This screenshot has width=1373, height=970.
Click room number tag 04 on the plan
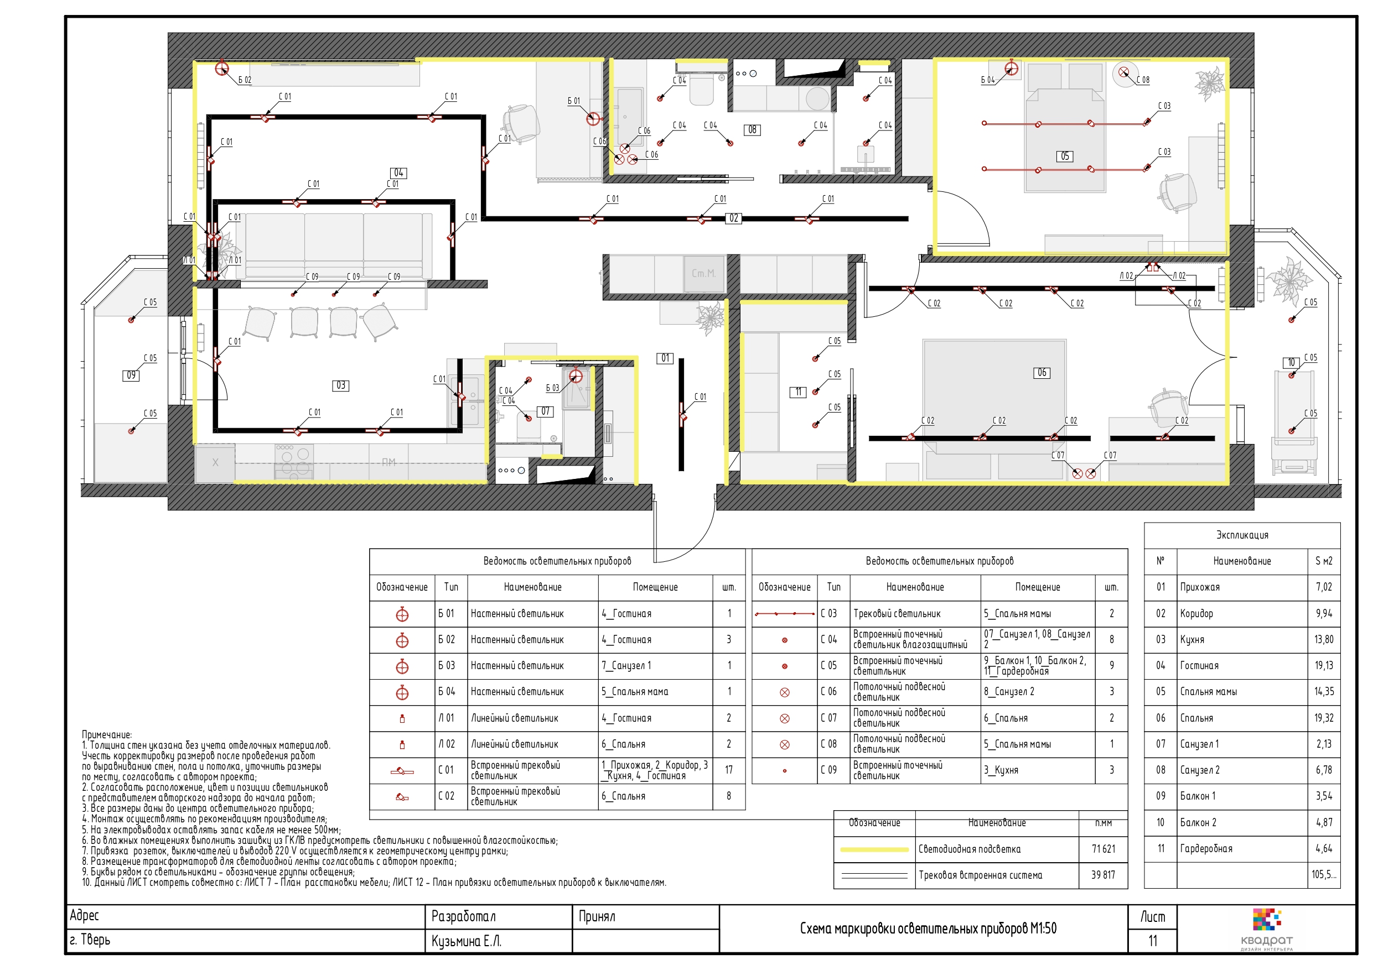coord(399,173)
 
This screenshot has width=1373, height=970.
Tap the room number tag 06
coord(1042,373)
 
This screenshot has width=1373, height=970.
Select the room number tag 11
coord(799,392)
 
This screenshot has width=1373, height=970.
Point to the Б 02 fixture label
coord(245,80)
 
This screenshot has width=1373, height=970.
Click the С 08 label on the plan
coord(1143,80)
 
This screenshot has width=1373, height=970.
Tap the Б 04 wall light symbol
coord(1011,69)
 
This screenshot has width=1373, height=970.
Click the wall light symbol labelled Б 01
coord(593,119)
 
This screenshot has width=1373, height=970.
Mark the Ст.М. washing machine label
coord(703,274)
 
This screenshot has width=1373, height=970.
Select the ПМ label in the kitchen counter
coord(388,462)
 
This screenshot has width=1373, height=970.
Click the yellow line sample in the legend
coord(874,849)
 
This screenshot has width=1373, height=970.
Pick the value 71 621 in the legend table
coord(1103,849)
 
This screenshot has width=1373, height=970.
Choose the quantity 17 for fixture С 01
coord(729,770)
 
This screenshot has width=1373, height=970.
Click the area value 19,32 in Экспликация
coord(1323,718)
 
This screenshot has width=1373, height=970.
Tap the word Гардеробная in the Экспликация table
coord(1206,849)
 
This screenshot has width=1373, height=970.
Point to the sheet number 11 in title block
coord(1152,941)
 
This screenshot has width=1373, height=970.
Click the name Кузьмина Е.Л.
coord(467,941)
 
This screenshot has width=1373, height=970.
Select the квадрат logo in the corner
coord(1267,930)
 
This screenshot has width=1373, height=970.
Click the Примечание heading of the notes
coord(107,735)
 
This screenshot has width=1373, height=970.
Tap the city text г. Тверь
coord(90,940)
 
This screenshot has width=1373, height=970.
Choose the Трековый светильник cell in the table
coord(897,614)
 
